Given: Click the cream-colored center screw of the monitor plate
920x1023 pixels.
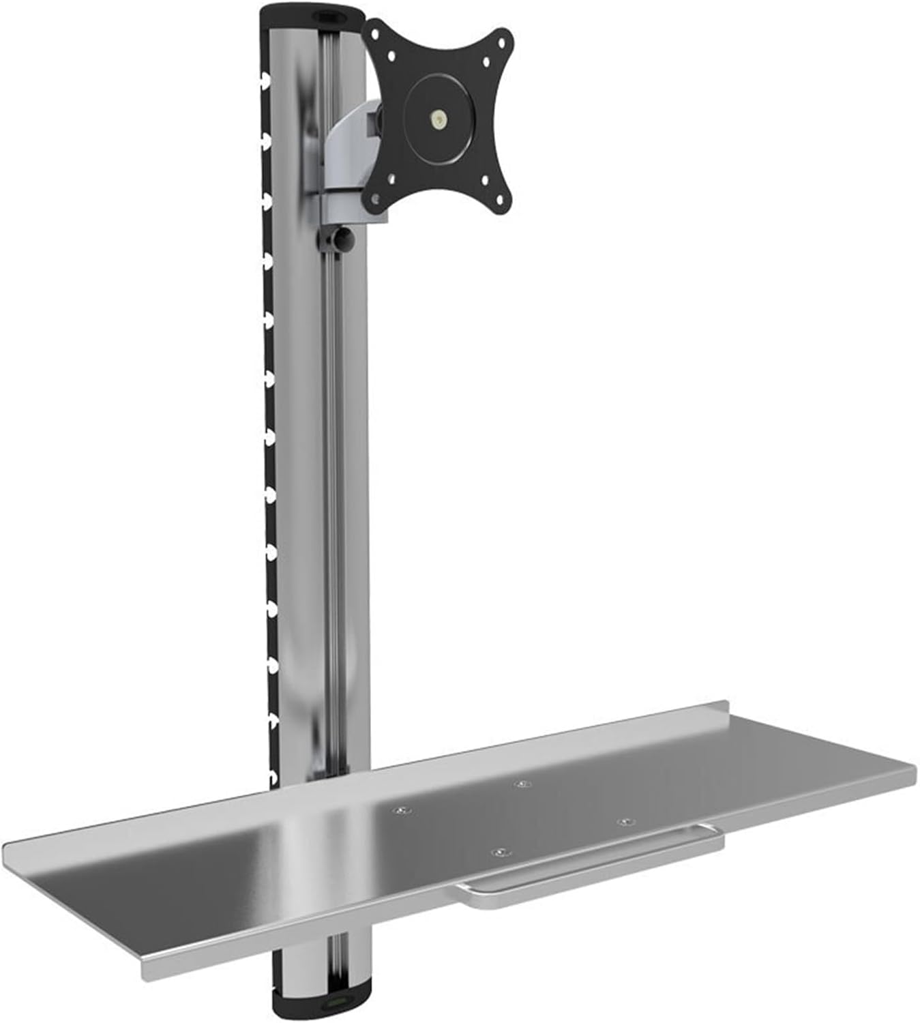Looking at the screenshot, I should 436,118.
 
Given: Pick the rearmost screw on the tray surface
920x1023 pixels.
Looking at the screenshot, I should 522,784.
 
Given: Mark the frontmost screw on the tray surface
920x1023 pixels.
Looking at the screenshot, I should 501,853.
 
